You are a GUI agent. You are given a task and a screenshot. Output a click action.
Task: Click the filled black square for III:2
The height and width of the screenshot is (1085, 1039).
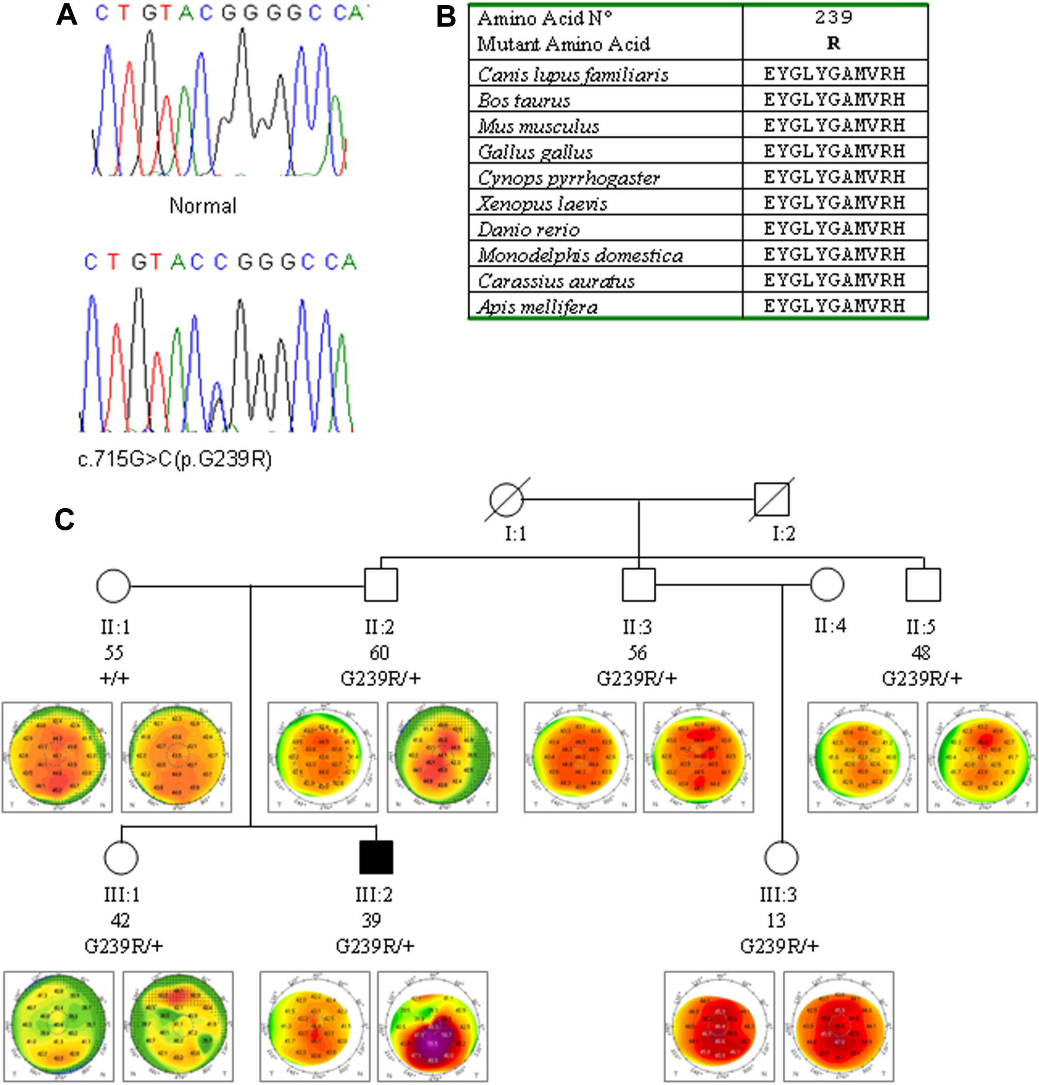[376, 857]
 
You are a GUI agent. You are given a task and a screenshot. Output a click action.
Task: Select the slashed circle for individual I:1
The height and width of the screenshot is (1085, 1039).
[506, 499]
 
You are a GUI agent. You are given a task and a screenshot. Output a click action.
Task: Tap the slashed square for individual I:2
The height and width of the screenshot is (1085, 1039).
[772, 499]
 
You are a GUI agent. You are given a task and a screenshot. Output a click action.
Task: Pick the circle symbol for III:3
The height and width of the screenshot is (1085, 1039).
[781, 857]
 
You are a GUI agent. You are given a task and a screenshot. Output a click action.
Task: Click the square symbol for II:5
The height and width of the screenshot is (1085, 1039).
[923, 585]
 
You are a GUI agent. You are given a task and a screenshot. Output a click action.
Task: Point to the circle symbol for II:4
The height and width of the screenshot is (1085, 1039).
[827, 585]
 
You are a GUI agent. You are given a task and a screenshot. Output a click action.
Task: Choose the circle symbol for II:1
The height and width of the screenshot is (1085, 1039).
[113, 585]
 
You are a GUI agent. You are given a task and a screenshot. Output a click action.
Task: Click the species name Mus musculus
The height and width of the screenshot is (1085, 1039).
[538, 126]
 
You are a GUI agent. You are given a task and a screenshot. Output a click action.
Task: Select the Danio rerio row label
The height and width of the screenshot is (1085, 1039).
[529, 229]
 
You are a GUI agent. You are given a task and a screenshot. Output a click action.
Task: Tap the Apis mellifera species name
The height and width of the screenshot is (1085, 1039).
[537, 306]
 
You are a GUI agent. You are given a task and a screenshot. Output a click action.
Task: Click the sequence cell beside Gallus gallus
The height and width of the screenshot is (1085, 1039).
[834, 151]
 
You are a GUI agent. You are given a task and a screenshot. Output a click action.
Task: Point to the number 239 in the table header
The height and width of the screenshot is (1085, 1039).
[833, 18]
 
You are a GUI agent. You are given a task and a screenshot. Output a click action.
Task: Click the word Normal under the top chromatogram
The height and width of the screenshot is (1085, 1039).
[203, 206]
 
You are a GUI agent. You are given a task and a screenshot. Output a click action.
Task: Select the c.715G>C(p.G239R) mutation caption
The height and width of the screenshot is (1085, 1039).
[175, 459]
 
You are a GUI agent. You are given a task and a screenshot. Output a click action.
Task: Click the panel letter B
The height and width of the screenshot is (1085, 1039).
[446, 17]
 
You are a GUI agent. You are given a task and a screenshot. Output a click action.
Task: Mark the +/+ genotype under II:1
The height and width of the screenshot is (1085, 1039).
[114, 678]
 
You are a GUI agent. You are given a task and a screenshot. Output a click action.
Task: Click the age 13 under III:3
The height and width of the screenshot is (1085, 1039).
[776, 920]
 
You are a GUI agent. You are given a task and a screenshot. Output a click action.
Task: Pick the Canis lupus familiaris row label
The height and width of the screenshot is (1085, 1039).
[573, 75]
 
